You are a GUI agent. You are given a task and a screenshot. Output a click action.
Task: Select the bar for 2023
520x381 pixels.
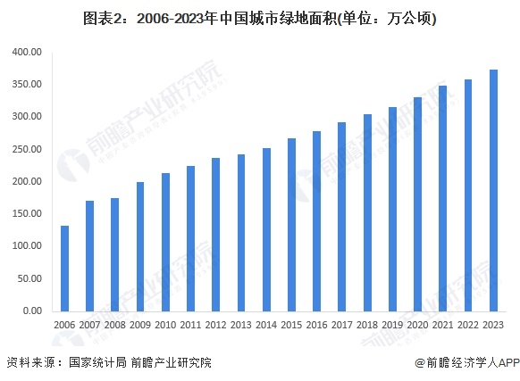(493, 190)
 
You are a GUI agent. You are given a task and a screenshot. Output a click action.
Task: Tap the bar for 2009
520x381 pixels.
(140, 246)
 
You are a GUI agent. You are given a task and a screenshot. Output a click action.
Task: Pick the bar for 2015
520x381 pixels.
(291, 224)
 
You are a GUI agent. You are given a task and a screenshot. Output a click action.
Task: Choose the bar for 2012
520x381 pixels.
(215, 234)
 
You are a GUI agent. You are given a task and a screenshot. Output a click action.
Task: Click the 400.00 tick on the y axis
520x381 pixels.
(28, 52)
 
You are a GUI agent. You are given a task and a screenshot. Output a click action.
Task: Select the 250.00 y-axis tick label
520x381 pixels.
(28, 149)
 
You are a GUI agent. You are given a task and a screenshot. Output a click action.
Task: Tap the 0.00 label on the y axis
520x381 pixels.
(32, 311)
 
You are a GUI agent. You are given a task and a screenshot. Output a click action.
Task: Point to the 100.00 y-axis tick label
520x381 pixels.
(28, 246)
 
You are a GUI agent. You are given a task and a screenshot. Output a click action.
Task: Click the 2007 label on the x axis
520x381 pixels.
(89, 326)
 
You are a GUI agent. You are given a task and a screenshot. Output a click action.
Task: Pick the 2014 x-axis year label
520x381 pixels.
(266, 326)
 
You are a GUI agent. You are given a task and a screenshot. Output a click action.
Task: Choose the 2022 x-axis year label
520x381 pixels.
(468, 326)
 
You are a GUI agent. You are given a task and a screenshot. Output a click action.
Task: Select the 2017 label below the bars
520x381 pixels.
(342, 326)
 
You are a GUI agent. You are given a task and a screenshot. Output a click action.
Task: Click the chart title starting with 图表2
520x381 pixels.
(259, 17)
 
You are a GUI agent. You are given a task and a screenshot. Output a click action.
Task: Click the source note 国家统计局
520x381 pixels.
(96, 362)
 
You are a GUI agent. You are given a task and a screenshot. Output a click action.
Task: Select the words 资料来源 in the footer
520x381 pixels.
(28, 362)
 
